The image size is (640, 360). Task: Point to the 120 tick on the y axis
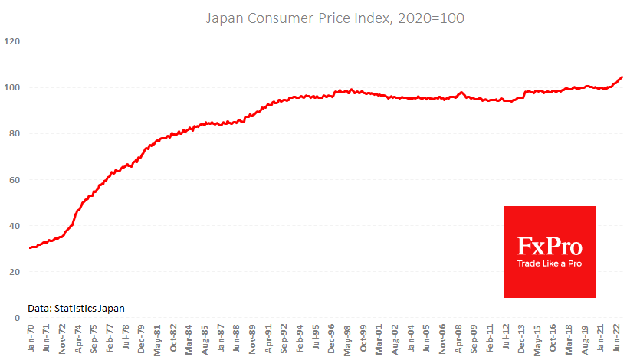point(11,41)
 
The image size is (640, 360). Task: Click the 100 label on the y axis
point(11,87)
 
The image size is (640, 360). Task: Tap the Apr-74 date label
point(80,339)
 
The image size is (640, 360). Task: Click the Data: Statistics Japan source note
point(76,308)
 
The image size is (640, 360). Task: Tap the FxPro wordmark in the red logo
point(549,247)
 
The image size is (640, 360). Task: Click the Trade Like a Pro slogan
point(549,263)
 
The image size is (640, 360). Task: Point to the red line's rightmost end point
point(622,77)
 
